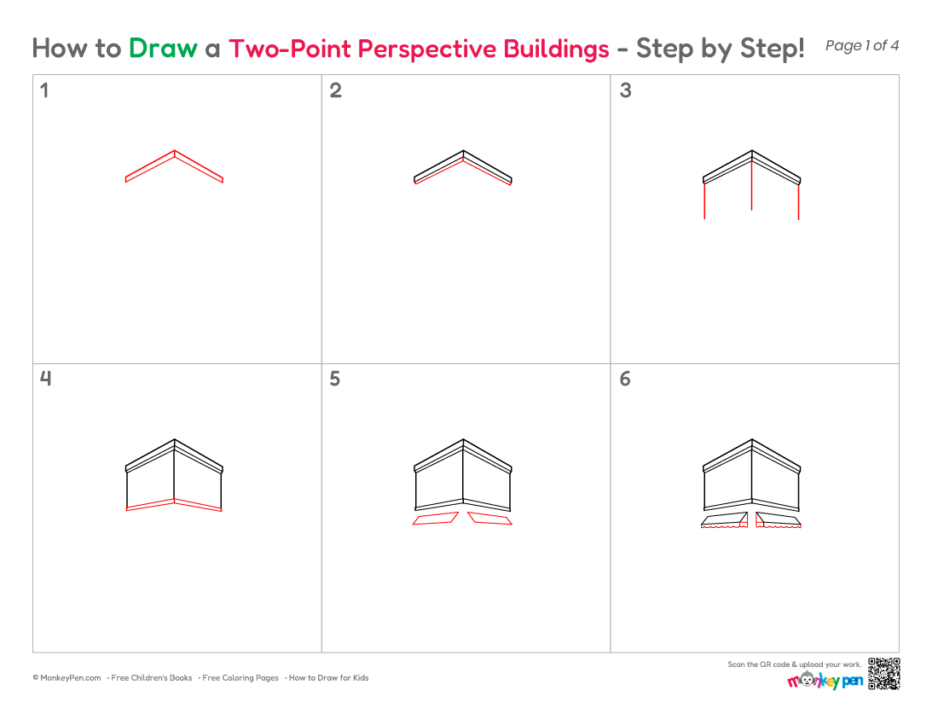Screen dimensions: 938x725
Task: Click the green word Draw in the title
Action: pyautogui.click(x=163, y=49)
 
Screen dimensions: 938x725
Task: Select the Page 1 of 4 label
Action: pyautogui.click(x=861, y=46)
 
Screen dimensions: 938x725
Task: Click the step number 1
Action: pyautogui.click(x=43, y=90)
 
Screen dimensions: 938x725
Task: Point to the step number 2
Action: pyautogui.click(x=336, y=90)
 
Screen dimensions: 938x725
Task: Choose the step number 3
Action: pyautogui.click(x=625, y=90)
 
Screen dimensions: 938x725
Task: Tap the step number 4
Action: pyautogui.click(x=45, y=379)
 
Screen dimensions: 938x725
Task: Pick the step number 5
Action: pyautogui.click(x=335, y=379)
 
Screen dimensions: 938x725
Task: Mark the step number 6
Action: pyautogui.click(x=625, y=379)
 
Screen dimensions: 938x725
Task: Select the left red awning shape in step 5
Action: pyautogui.click(x=436, y=518)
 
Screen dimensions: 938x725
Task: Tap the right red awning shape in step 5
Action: pyautogui.click(x=490, y=518)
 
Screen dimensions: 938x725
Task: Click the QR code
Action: pyautogui.click(x=884, y=674)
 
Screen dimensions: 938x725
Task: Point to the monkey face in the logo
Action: pyautogui.click(x=808, y=680)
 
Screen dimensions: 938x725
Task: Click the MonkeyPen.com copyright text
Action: pyautogui.click(x=67, y=678)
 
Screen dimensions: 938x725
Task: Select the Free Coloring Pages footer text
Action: pyautogui.click(x=240, y=678)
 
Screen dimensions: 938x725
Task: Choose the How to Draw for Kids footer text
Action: pyautogui.click(x=328, y=678)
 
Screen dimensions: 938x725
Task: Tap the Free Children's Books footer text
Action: pyautogui.click(x=151, y=678)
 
